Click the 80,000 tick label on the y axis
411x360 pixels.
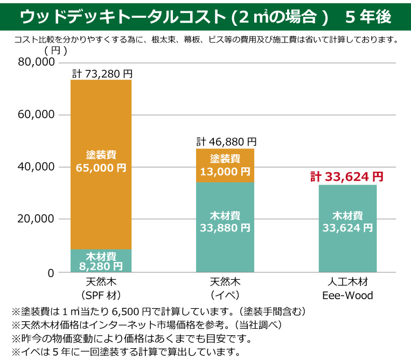point(37,62)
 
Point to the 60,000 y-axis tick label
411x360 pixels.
point(37,115)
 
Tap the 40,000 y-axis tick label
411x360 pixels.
point(37,167)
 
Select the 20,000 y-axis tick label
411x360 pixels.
point(37,219)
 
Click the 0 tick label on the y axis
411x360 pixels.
point(51,273)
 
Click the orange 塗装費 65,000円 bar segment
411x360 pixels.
point(101,161)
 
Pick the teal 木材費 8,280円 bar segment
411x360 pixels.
point(101,261)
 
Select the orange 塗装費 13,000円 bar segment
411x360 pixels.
point(225,166)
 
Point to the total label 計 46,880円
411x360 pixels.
point(226,142)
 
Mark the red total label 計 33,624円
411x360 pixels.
point(347,177)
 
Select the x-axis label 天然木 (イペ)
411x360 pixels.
point(225,289)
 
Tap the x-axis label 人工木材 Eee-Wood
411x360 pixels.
point(347,289)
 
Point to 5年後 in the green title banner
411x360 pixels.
point(368,17)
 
